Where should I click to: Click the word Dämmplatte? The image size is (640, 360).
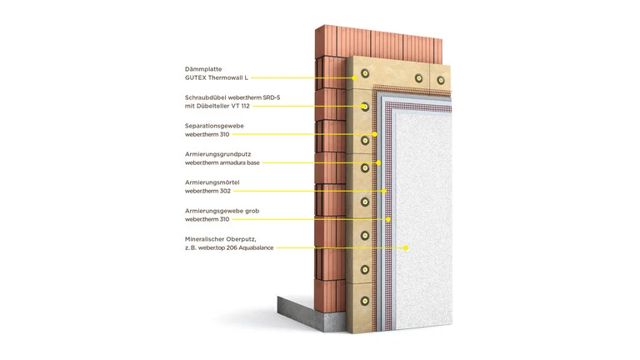click(x=203, y=69)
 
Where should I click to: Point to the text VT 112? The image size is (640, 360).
click(x=241, y=106)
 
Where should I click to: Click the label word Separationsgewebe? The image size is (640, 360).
click(x=214, y=126)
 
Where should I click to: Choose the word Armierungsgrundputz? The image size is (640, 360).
click(x=218, y=154)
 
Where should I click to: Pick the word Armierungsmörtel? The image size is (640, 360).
click(x=212, y=182)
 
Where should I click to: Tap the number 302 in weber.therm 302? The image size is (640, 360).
click(x=225, y=191)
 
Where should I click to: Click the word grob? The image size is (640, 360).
click(x=252, y=211)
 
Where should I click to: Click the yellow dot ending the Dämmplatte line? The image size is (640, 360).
click(x=355, y=77)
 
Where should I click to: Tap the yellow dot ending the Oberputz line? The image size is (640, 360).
click(x=406, y=247)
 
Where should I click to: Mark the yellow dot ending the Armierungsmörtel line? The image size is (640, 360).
click(x=384, y=191)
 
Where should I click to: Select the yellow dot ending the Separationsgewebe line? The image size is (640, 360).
click(x=375, y=134)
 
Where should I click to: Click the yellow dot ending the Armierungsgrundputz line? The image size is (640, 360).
click(x=379, y=162)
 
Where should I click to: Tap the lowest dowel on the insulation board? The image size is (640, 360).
click(x=365, y=301)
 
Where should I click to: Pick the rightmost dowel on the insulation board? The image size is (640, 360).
click(x=441, y=80)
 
